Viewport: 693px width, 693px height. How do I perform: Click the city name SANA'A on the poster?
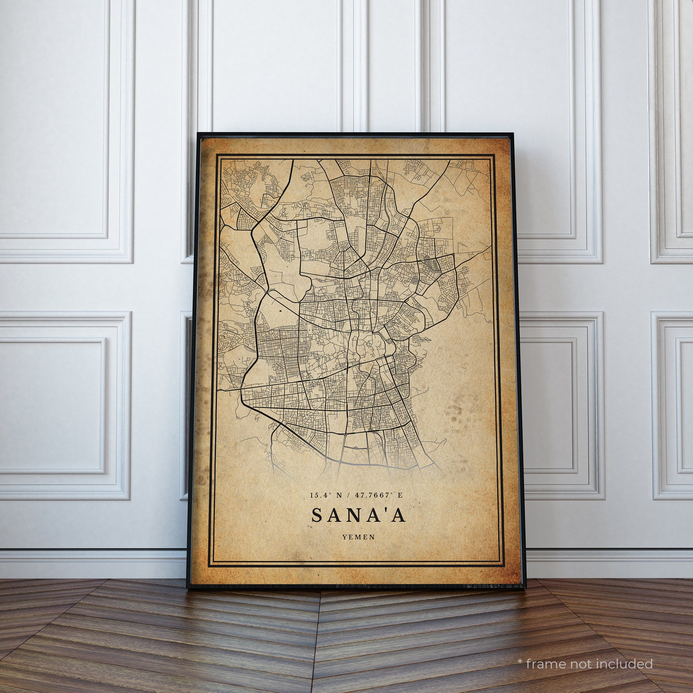[x=359, y=515]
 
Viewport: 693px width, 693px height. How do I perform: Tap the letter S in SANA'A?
[x=317, y=515]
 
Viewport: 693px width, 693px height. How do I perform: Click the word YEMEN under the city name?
[x=359, y=537]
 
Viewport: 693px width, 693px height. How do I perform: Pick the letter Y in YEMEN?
[x=345, y=537]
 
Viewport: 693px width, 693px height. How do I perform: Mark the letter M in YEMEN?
[x=359, y=537]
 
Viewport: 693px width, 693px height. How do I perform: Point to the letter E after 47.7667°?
[x=400, y=495]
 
